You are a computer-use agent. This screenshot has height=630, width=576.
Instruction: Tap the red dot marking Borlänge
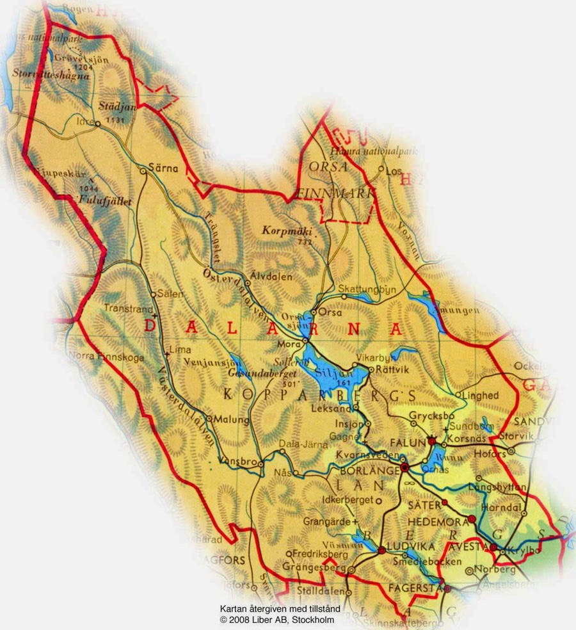(x=404, y=468)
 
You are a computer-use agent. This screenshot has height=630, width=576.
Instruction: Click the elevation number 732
(x=305, y=242)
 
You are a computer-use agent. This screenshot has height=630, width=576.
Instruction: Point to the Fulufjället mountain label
(x=104, y=200)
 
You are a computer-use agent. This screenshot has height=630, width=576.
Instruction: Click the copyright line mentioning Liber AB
(x=277, y=620)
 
